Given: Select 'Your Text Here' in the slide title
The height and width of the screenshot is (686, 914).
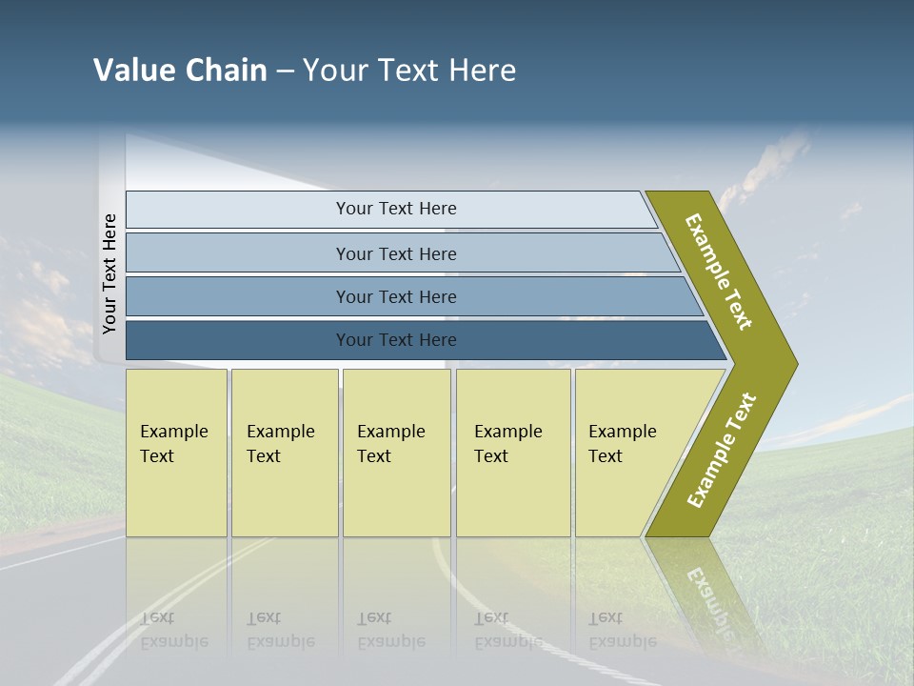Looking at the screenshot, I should [409, 71].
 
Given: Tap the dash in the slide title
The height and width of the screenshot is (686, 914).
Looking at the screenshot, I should [285, 71].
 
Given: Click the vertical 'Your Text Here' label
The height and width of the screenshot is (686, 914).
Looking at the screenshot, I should [109, 273].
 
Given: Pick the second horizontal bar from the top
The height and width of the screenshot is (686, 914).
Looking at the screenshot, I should [396, 253].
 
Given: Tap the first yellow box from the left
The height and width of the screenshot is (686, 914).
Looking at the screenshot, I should [176, 453].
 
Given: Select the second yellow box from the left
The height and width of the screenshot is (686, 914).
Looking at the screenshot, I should [285, 453].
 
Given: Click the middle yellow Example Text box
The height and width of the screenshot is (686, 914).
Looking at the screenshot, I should [396, 453].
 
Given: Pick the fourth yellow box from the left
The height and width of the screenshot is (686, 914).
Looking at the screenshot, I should [513, 453].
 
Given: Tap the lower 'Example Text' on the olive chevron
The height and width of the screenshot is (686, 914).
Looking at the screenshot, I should [722, 451].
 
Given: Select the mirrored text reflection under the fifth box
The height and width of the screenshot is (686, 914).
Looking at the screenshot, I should [622, 631].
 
